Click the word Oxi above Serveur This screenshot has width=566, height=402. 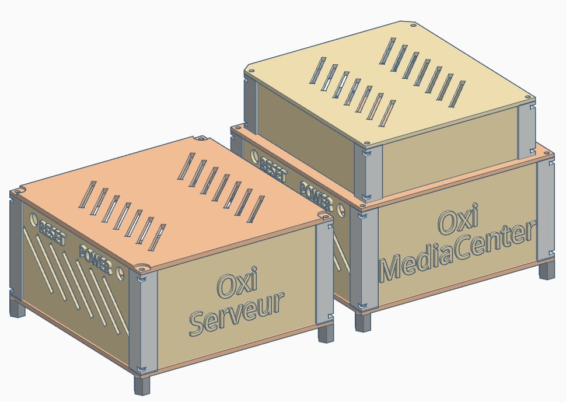pos(237,282)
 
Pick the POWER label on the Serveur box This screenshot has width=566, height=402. pos(95,259)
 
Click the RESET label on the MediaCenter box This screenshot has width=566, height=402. pos(273,169)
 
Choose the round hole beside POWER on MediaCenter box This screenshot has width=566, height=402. pos(341,209)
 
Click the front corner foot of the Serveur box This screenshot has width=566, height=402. pos(141,384)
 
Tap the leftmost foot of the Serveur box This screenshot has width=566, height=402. pos(17,309)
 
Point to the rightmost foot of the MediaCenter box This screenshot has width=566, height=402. pos(547,270)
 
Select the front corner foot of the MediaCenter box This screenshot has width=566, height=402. pos(363,322)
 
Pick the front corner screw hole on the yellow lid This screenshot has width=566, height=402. pos(367,144)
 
